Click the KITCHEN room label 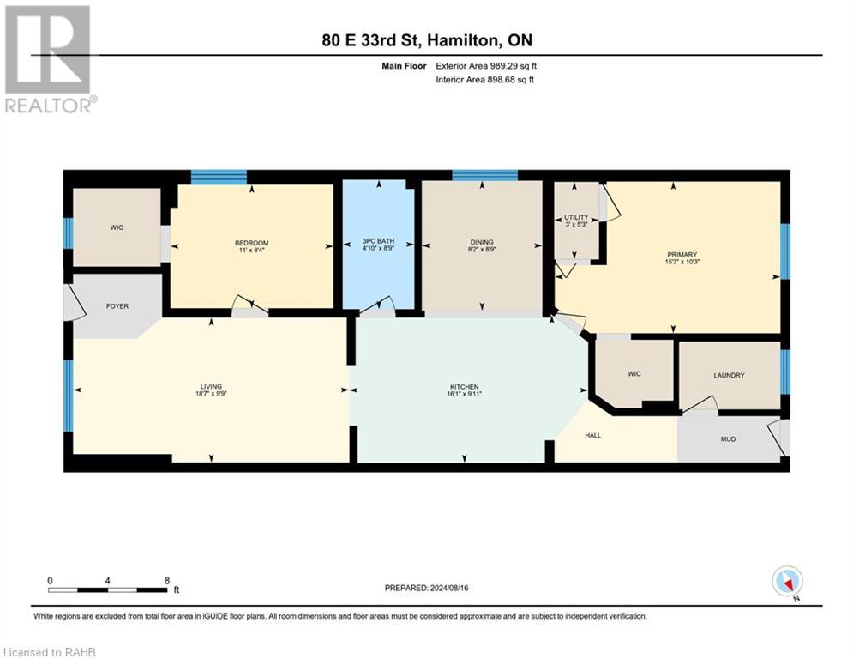(x=465, y=387)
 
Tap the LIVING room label (x=211, y=387)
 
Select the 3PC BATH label (x=377, y=242)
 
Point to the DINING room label (x=481, y=242)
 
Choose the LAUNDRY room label (x=729, y=375)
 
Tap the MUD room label (x=728, y=438)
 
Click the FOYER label (x=117, y=305)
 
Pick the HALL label (x=593, y=435)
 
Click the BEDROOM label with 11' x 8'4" (x=252, y=243)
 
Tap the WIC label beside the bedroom (x=117, y=228)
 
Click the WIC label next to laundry (x=634, y=373)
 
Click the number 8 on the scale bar (x=165, y=580)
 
